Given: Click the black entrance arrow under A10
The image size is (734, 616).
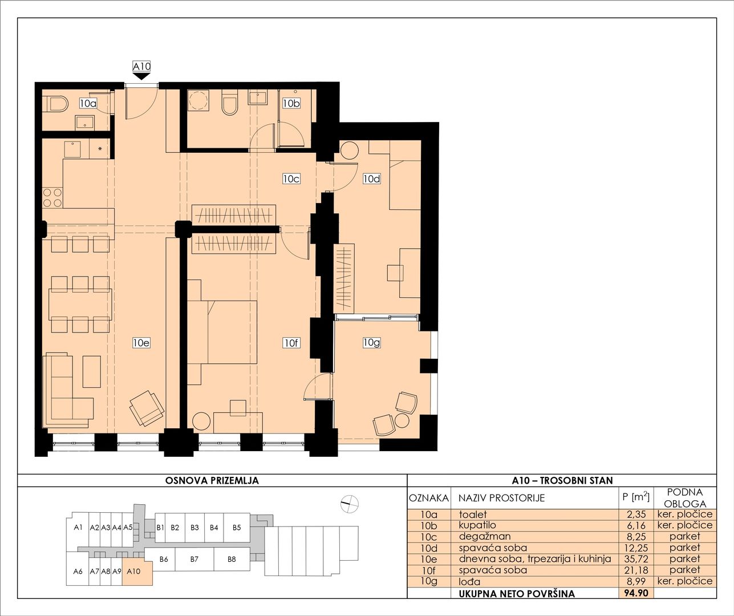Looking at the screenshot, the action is [141, 76].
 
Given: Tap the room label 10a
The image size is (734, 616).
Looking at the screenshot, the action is [88, 103].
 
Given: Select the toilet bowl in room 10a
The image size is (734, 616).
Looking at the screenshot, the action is [58, 104].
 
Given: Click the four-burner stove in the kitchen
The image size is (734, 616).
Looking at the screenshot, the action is [52, 197].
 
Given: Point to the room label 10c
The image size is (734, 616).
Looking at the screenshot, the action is [291, 179].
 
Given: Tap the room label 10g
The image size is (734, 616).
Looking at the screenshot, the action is [372, 342].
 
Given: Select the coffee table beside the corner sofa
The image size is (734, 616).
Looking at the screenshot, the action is [92, 372].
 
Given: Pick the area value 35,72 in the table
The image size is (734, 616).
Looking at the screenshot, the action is [636, 559].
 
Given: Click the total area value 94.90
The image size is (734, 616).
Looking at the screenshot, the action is [636, 593].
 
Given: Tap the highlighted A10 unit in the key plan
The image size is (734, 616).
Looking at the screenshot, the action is [137, 572].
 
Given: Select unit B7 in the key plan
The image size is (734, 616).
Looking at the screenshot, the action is [194, 559].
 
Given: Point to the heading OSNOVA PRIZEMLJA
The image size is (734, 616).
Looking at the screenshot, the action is [212, 481].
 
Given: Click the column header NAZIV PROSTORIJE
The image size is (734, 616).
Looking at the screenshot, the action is [502, 498].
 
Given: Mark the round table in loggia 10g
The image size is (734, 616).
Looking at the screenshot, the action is [402, 420].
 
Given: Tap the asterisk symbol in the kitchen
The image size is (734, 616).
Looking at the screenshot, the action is [100, 149].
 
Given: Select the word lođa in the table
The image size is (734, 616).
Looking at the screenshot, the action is [469, 582].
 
